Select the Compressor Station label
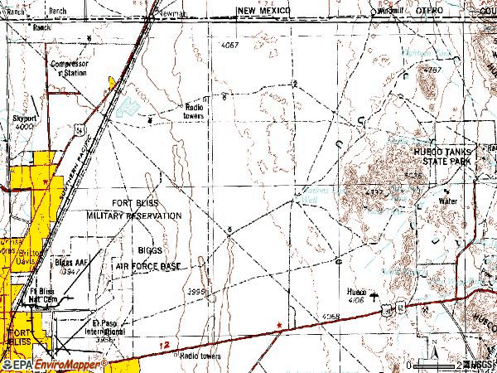pyautogui.click(x=69, y=68)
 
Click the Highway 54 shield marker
pyautogui.click(x=75, y=130)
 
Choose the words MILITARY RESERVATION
pyautogui.click(x=133, y=215)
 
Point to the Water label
pyautogui.click(x=448, y=201)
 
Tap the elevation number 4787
pyautogui.click(x=431, y=72)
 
